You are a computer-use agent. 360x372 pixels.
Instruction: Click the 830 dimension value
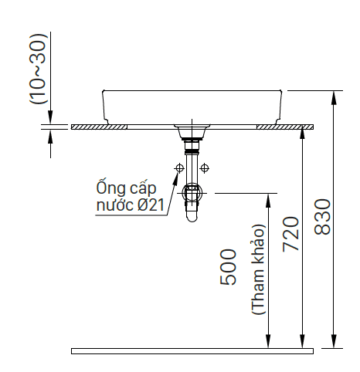(x=322, y=217)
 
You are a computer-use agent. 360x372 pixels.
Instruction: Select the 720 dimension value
(x=290, y=234)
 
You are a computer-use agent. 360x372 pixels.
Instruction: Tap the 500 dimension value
(x=228, y=267)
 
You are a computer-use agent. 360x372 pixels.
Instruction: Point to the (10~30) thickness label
(x=39, y=69)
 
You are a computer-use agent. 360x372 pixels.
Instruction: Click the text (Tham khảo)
(x=258, y=269)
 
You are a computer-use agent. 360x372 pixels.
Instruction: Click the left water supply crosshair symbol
(x=179, y=168)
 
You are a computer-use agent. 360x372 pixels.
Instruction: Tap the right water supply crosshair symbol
(x=205, y=168)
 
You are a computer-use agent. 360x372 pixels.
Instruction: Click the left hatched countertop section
(x=99, y=127)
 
